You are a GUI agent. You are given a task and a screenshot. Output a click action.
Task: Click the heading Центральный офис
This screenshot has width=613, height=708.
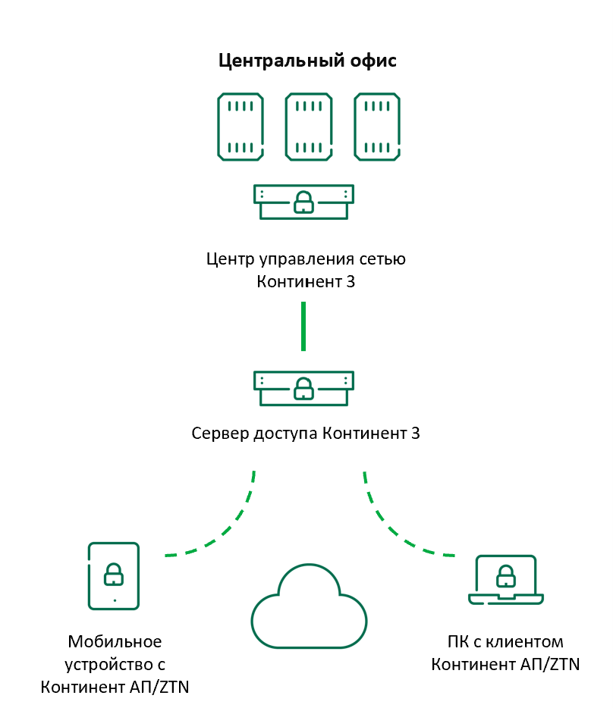click(x=306, y=61)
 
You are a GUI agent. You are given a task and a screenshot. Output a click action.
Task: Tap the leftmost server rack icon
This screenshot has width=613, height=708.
click(x=240, y=126)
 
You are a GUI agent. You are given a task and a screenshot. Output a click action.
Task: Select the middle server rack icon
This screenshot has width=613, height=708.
click(x=309, y=126)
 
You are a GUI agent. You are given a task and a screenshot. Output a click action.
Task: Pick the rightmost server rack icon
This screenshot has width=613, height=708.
click(x=377, y=126)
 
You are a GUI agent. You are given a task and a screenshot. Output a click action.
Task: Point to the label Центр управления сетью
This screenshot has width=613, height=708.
click(x=306, y=259)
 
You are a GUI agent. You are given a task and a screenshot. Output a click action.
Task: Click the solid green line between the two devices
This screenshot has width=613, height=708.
click(x=303, y=326)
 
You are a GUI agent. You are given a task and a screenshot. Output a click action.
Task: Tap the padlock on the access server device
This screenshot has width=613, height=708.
click(x=303, y=389)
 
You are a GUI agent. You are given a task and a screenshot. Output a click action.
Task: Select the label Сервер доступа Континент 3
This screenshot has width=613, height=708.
click(x=306, y=434)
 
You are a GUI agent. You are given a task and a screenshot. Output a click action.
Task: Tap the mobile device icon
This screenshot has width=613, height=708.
click(x=114, y=575)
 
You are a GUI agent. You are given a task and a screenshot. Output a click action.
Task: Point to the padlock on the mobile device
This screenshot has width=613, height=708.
click(x=114, y=574)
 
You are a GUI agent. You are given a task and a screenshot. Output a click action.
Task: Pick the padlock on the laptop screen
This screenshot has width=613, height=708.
click(x=506, y=577)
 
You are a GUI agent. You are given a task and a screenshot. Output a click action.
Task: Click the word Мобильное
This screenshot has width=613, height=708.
click(x=115, y=642)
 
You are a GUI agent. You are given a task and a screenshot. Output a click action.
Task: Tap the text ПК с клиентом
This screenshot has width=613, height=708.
click(x=506, y=642)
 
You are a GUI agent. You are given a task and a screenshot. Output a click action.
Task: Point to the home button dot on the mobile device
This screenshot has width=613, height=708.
click(x=114, y=600)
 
